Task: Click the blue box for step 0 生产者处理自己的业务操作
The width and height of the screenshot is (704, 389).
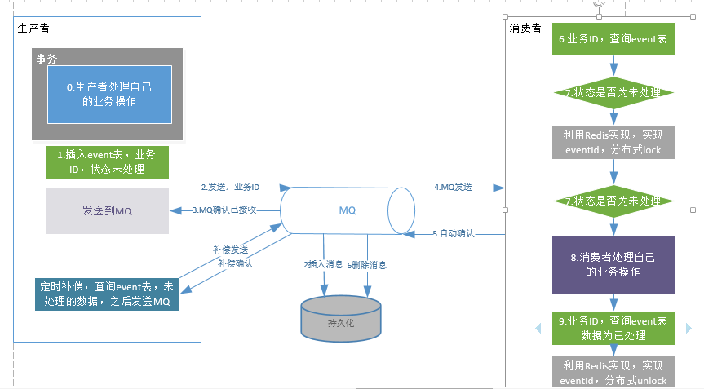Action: tap(108, 94)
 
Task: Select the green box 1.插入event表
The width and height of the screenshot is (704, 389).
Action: tap(107, 162)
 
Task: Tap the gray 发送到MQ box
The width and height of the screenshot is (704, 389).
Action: tap(107, 211)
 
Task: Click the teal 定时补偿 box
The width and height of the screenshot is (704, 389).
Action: tap(107, 294)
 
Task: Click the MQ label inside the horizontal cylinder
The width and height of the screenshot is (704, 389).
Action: tap(348, 210)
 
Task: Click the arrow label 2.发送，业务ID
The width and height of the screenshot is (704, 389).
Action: tap(230, 188)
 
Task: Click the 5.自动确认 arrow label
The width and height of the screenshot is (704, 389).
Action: tap(453, 234)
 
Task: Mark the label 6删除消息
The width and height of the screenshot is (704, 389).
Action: tap(367, 265)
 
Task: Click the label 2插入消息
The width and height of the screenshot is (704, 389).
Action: tap(322, 265)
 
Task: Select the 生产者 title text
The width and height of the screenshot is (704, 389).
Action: tap(33, 29)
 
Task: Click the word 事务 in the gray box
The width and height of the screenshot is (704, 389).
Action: tap(46, 59)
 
